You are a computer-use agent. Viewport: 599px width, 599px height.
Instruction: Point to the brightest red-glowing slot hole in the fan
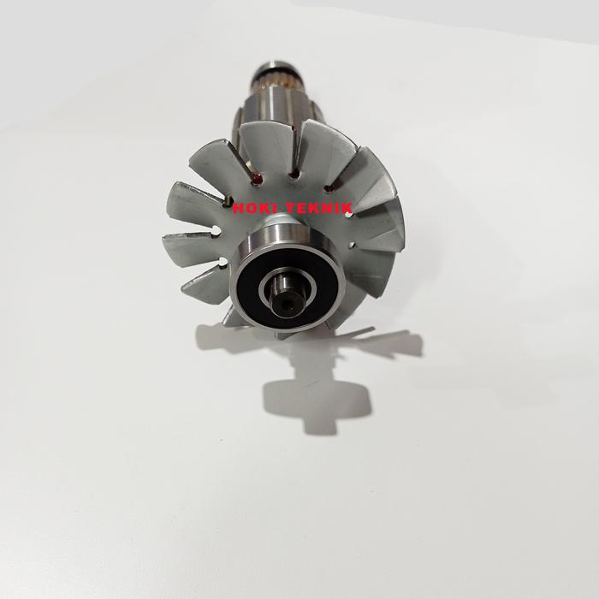pos(257,178)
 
